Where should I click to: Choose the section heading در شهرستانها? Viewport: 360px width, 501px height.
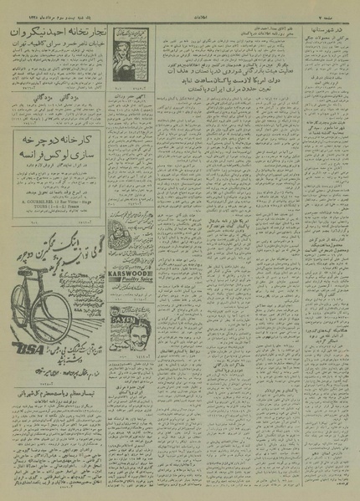coord(327,31)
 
